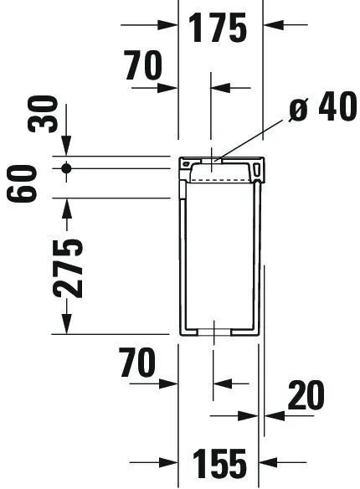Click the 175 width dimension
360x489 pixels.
tap(218, 28)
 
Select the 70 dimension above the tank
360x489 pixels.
tap(143, 65)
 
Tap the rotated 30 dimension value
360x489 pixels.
tap(43, 115)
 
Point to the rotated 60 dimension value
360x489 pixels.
tap(22, 183)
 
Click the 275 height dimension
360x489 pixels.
tap(68, 269)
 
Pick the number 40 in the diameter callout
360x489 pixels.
tap(337, 106)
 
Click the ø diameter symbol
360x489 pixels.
tap(298, 109)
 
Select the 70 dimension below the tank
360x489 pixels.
tap(136, 363)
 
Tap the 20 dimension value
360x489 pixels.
tap(306, 395)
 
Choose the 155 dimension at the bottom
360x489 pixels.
tap(219, 464)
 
